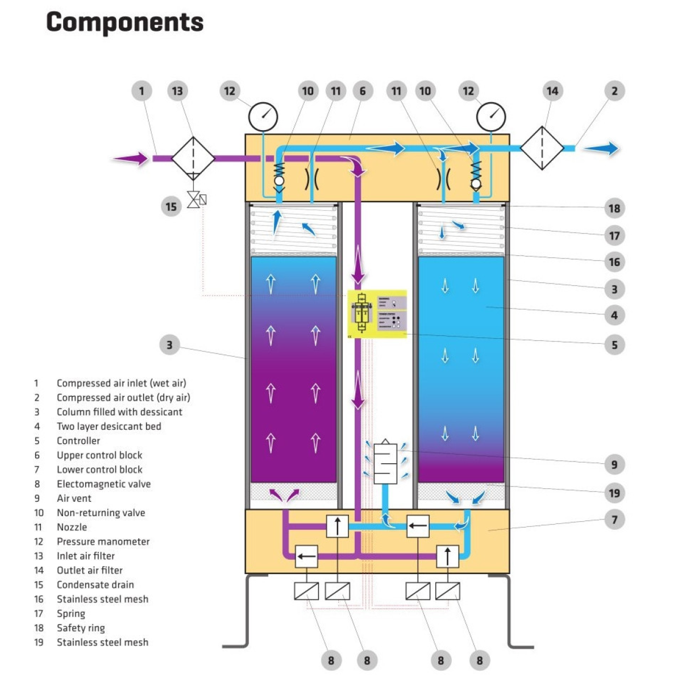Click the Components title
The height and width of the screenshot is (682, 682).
click(x=124, y=22)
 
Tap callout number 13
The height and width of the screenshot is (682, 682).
click(x=177, y=91)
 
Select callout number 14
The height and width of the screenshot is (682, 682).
click(x=552, y=91)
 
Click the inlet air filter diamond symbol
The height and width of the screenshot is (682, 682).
click(x=193, y=159)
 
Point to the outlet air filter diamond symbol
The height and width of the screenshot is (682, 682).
click(x=542, y=148)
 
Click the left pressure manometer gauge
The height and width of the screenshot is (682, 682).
click(x=263, y=117)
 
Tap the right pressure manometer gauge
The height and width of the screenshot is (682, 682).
click(x=491, y=117)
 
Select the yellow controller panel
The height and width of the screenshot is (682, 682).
click(x=377, y=314)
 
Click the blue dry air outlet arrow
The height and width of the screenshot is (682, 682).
click(x=601, y=148)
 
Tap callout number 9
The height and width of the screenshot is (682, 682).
click(x=614, y=464)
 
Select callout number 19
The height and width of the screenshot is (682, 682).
click(x=614, y=493)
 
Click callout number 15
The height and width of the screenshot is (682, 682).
click(x=171, y=206)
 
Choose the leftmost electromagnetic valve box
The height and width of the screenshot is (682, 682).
click(x=306, y=592)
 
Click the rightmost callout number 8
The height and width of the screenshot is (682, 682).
click(x=479, y=660)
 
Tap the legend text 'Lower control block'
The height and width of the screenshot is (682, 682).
click(x=99, y=469)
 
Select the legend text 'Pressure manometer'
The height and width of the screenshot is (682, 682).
click(x=103, y=542)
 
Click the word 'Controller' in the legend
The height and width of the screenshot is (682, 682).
click(x=78, y=440)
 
